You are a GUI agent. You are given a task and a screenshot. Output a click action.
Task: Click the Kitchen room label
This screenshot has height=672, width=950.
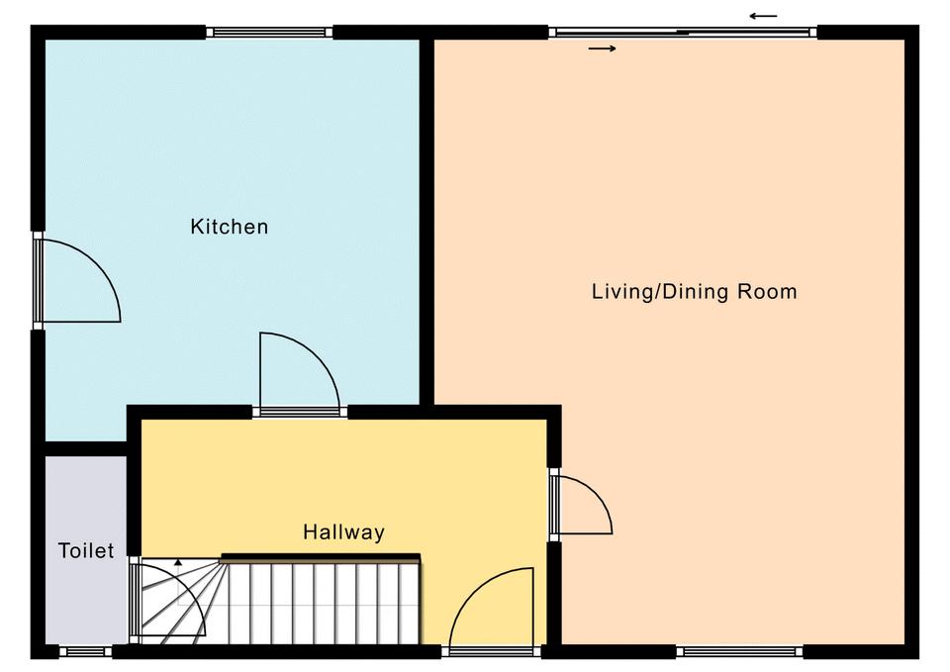click(229, 227)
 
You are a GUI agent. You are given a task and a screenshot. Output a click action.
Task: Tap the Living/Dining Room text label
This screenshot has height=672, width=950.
click(695, 291)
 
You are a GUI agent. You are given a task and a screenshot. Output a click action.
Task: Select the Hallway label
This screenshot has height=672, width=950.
click(343, 532)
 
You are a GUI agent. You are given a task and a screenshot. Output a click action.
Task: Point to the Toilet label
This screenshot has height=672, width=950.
click(86, 551)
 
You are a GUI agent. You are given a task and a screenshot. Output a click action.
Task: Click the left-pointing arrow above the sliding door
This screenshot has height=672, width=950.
click(763, 17)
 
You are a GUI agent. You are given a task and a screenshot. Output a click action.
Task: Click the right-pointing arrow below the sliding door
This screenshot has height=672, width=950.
click(603, 48)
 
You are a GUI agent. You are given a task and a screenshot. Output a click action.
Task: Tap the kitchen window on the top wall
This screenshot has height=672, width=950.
click(269, 32)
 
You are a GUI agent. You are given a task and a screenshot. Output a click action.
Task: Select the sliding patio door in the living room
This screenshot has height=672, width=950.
click(684, 32)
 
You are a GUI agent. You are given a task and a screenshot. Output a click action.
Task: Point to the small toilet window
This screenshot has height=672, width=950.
click(85, 651)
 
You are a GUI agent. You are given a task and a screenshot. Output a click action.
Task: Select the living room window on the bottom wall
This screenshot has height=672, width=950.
click(739, 651)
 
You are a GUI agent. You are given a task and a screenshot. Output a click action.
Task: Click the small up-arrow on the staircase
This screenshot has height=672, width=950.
click(178, 562)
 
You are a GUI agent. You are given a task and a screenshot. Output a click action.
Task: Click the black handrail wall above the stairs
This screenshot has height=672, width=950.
click(321, 557)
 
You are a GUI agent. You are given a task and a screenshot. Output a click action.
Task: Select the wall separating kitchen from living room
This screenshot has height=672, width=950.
click(427, 222)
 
